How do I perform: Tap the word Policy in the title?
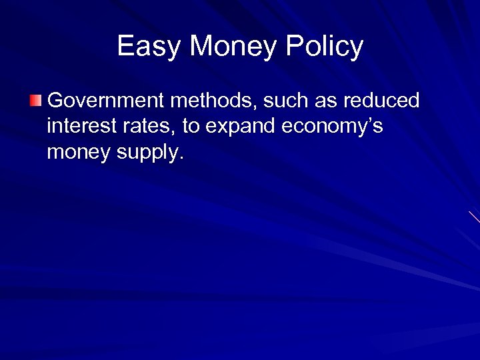click(x=325, y=47)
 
